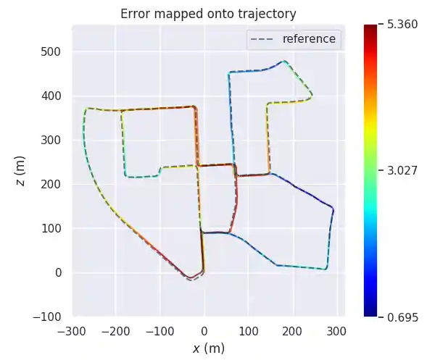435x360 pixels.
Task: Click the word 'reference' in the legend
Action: point(309,39)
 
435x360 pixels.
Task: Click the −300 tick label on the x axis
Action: point(72,331)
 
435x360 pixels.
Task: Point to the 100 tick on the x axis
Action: point(249,331)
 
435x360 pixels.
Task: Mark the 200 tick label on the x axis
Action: point(293,331)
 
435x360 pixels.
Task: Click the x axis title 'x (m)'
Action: point(208,348)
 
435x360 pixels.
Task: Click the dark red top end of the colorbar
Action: point(370,28)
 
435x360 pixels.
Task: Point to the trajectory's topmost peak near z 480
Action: point(284,61)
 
